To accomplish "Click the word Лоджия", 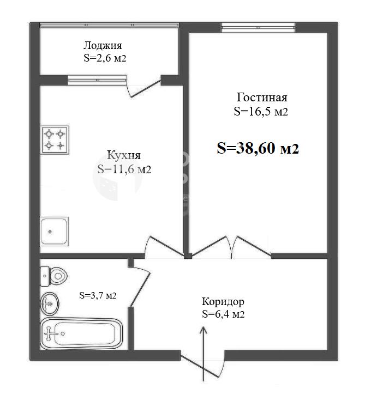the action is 103,46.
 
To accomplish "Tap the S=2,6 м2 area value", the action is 105,58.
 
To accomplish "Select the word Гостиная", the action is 262,98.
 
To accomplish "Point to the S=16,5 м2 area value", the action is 261,112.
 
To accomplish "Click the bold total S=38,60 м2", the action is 258,148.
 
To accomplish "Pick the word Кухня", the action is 124,155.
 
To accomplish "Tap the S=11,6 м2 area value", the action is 124,169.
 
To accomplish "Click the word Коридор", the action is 223,302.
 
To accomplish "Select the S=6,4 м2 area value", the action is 223,314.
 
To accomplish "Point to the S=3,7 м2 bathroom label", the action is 98,295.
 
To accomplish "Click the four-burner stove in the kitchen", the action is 55,140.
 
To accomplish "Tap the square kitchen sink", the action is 54,232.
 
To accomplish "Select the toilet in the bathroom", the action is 53,276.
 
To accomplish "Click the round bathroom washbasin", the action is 50,304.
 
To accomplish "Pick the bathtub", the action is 81,333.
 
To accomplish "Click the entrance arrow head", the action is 204,330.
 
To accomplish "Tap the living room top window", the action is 258,28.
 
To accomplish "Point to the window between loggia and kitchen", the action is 97,80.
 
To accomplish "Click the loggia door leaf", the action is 146,89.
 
